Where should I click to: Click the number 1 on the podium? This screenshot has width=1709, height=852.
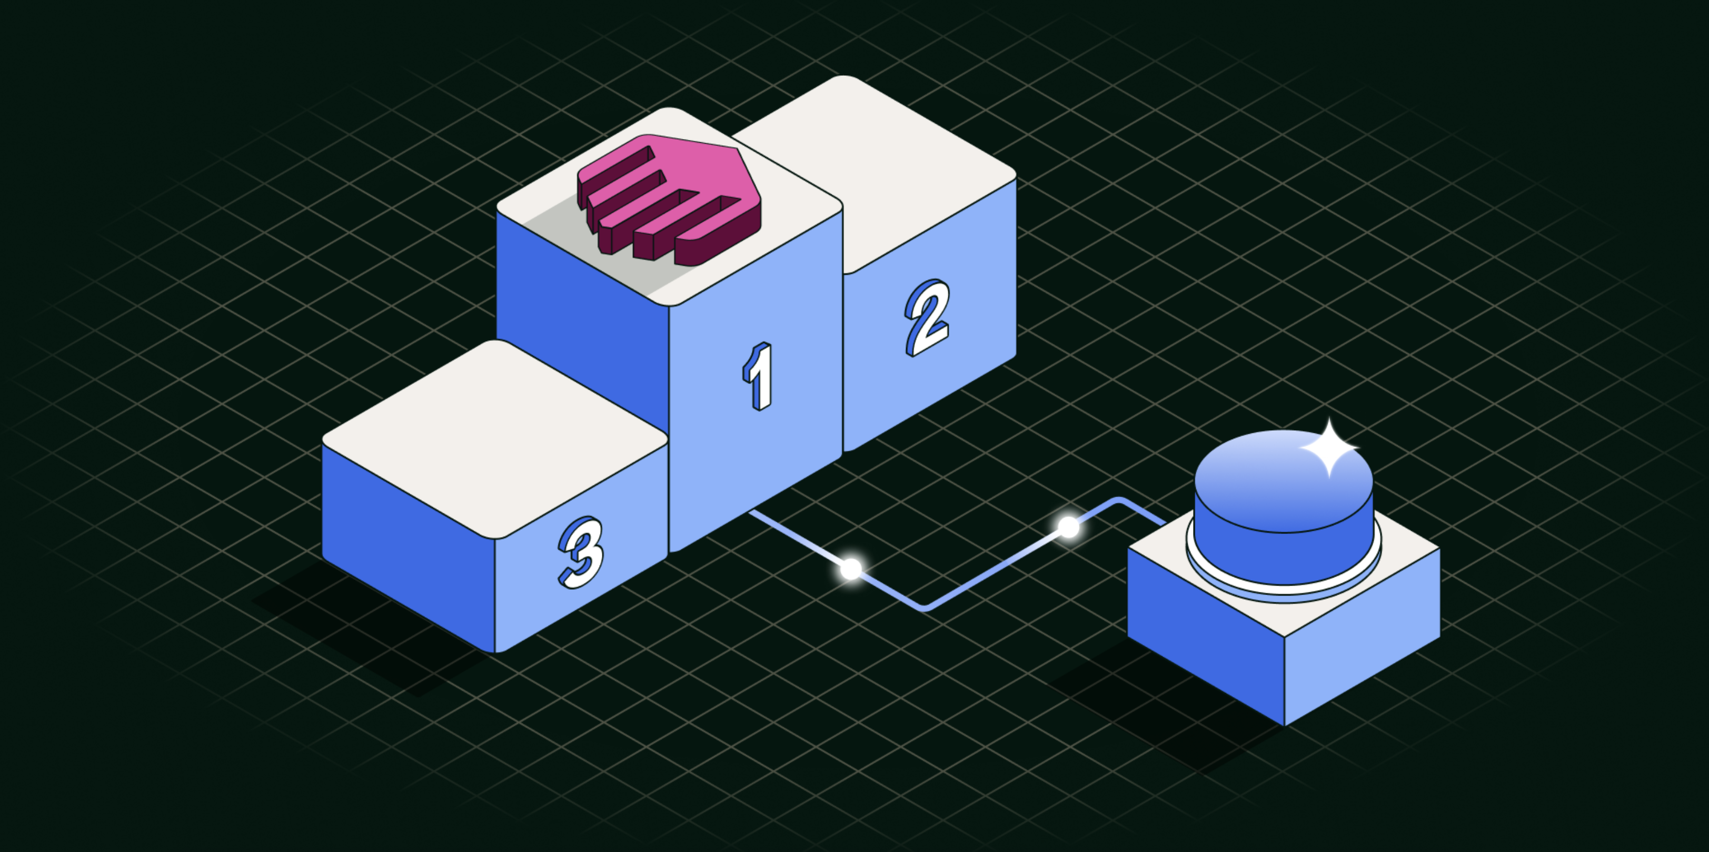(x=758, y=376)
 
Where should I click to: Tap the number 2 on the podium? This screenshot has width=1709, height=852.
(x=928, y=317)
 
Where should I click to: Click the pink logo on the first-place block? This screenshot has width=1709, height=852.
(x=670, y=196)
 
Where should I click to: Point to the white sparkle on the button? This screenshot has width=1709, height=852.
(x=1329, y=449)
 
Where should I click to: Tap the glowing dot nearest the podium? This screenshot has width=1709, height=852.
(x=850, y=569)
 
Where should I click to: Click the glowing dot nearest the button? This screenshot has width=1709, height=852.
(x=1068, y=528)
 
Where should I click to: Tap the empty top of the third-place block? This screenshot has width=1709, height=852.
(x=494, y=438)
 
